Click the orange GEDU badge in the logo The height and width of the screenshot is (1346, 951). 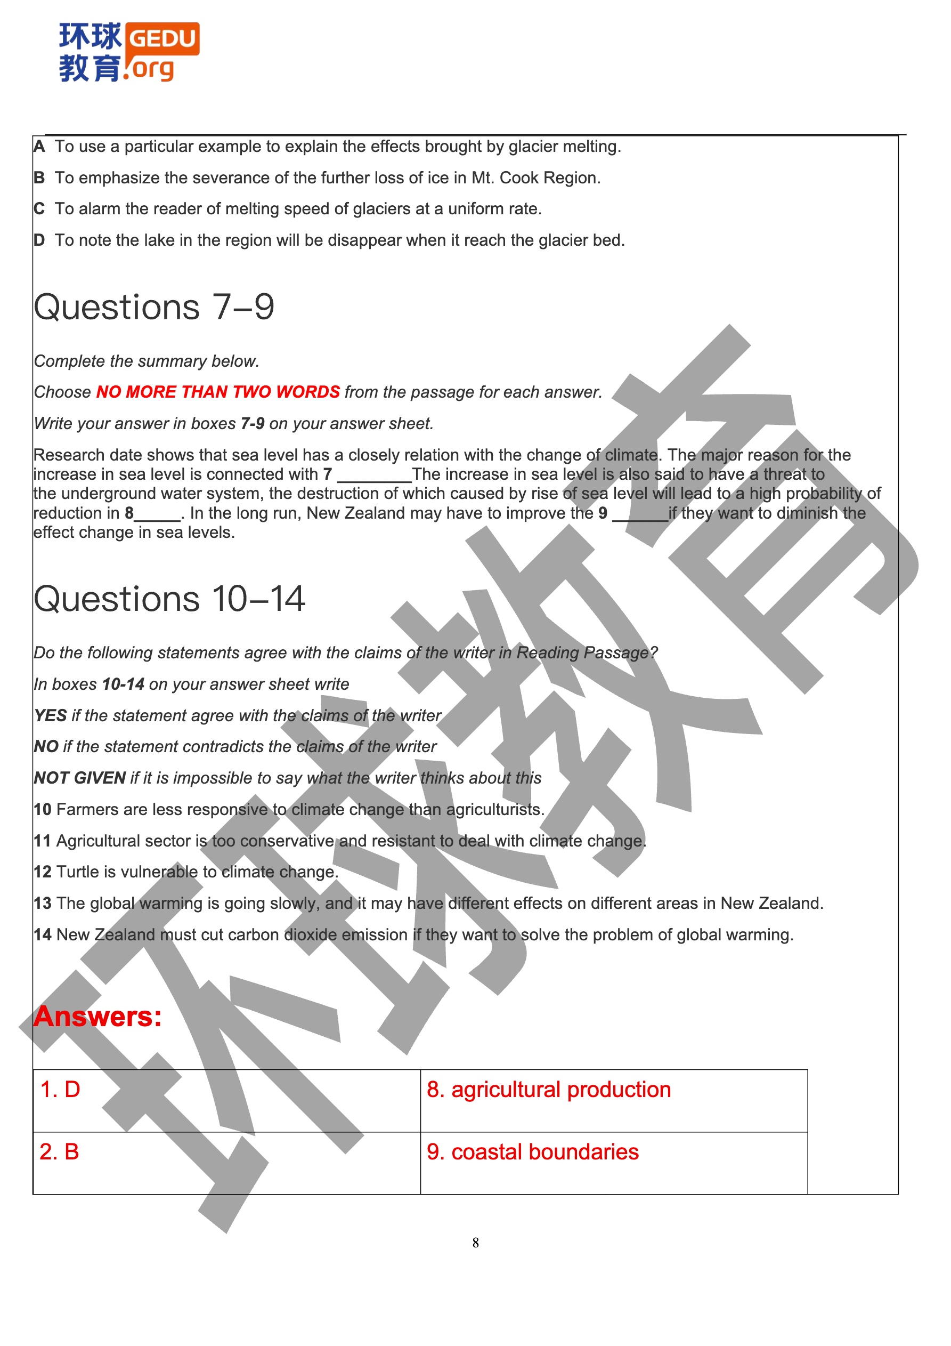coord(162,39)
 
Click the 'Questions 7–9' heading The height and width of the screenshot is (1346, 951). coord(153,307)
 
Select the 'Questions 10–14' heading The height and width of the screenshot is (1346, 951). coord(169,599)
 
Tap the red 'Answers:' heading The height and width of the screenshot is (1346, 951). coord(97,1017)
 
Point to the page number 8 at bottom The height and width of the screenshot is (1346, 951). coord(475,1242)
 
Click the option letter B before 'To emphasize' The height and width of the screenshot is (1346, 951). coord(39,178)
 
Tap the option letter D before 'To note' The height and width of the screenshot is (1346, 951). coord(39,240)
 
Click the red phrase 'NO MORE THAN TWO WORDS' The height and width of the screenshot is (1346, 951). coord(218,392)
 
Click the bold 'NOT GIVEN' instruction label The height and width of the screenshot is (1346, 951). coord(80,778)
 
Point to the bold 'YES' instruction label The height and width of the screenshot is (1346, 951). coord(51,716)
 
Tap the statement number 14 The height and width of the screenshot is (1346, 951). coord(42,934)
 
